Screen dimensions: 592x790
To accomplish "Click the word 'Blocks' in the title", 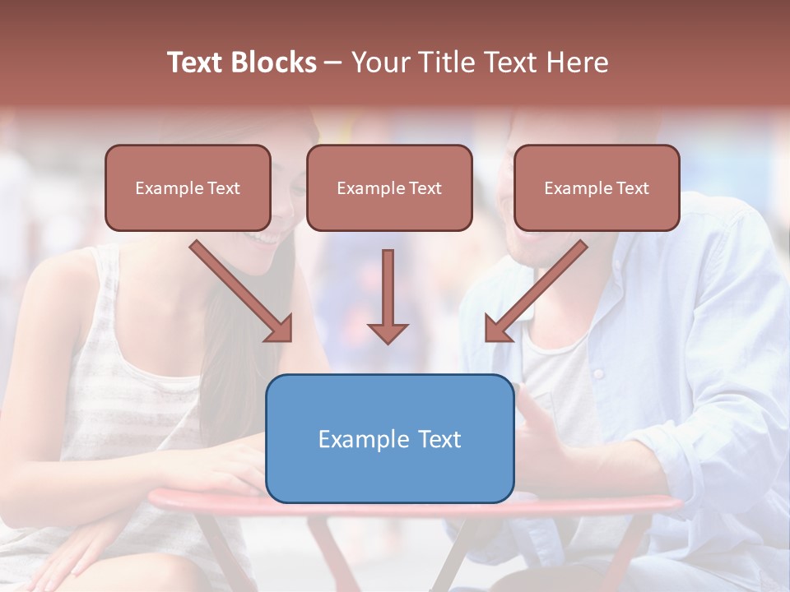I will [x=274, y=62].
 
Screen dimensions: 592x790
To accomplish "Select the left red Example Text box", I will [x=188, y=187].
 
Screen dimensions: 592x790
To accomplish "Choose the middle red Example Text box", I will [x=389, y=187].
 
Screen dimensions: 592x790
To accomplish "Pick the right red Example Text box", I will [x=597, y=187].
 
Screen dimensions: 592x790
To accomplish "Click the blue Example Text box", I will [x=389, y=438].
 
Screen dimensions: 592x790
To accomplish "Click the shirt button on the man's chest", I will [x=598, y=374].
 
